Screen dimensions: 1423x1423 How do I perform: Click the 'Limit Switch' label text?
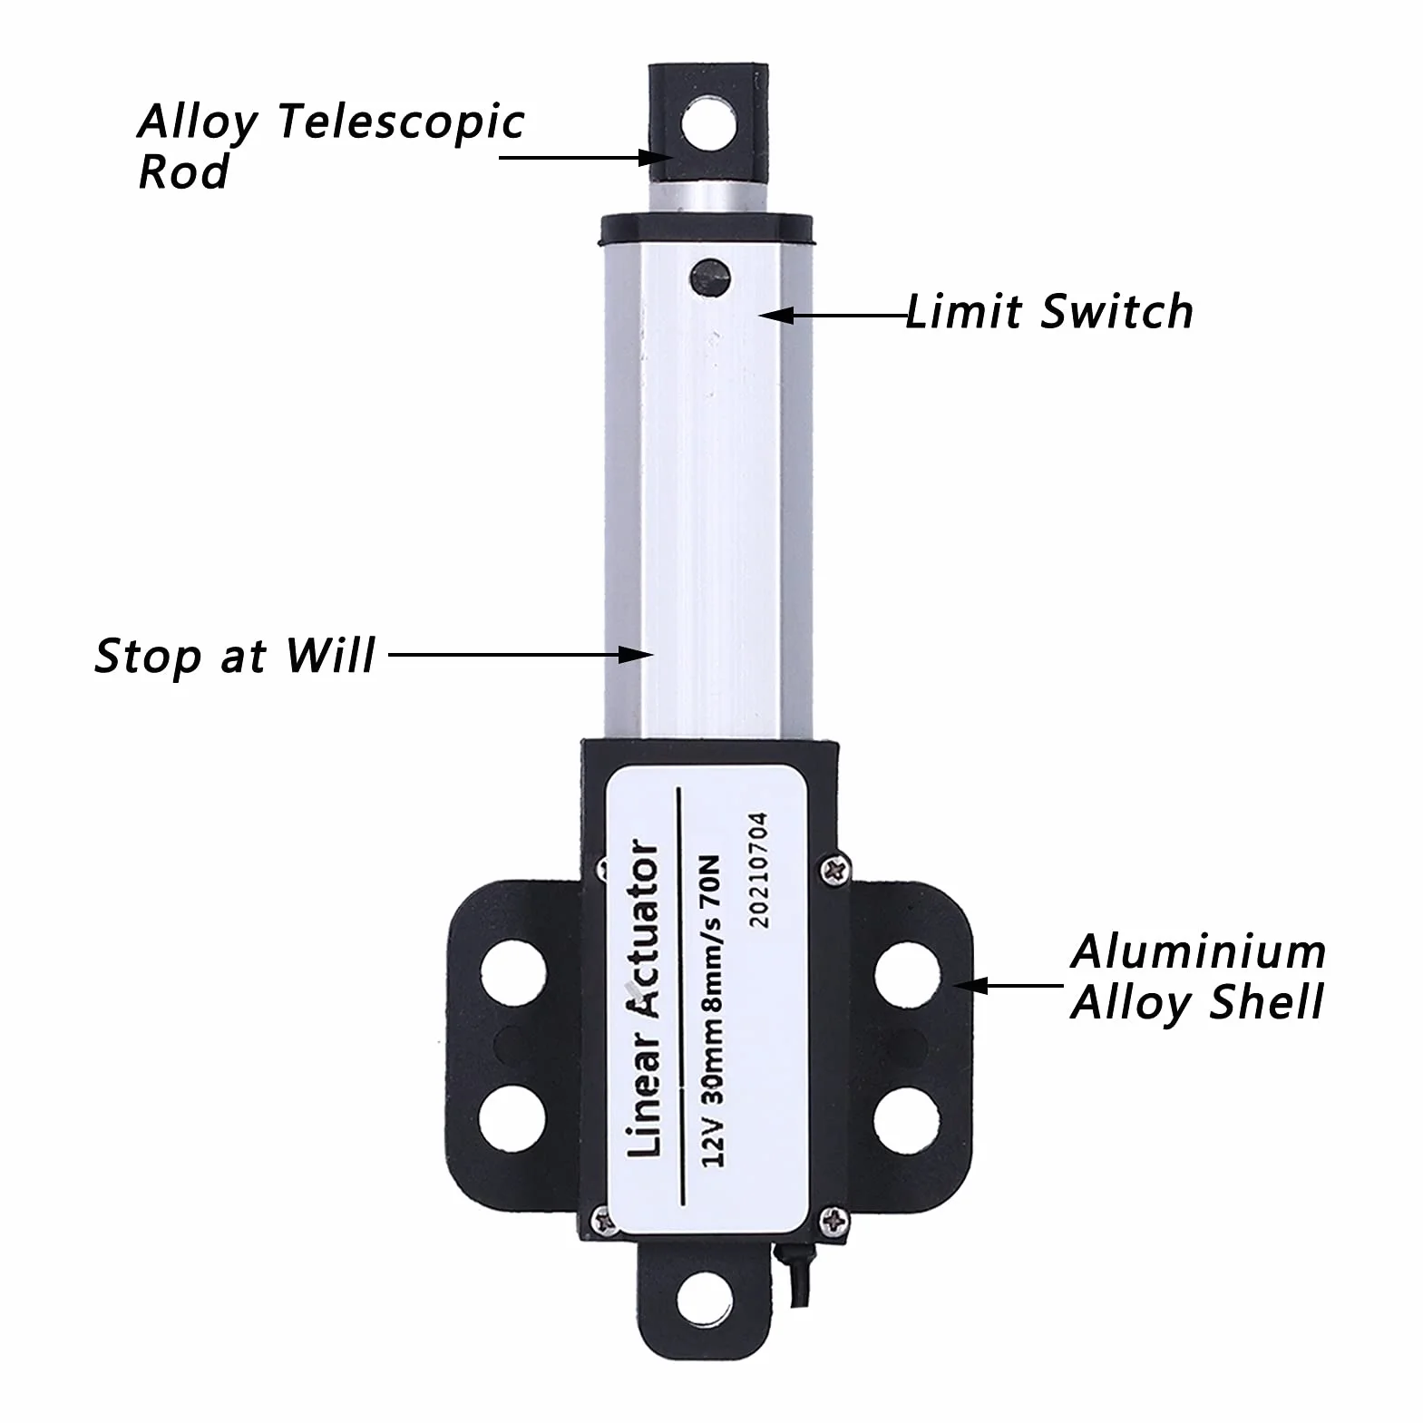[1049, 312]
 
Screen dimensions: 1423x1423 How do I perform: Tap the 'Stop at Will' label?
[235, 656]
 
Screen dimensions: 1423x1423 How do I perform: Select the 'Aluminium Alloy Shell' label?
[1198, 978]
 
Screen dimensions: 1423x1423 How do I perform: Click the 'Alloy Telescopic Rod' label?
[331, 146]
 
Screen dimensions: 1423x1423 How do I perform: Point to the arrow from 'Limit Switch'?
[833, 316]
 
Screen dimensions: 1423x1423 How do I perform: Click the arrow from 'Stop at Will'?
[521, 653]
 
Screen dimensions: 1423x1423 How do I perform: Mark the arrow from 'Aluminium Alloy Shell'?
[1009, 985]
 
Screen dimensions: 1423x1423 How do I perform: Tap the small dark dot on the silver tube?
[709, 278]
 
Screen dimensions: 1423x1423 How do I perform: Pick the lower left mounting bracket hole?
[512, 1117]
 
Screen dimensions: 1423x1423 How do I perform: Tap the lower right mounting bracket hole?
[907, 1117]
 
